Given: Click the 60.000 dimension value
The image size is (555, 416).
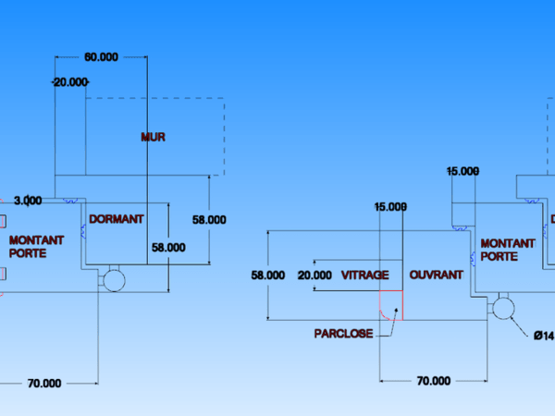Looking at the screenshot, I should [x=102, y=56].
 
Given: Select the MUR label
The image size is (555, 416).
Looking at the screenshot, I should [x=153, y=137].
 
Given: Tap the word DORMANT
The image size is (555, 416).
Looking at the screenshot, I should [x=117, y=219].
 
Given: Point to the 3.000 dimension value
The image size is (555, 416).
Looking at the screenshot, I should [x=28, y=200].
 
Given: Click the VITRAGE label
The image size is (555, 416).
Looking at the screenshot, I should [x=365, y=275].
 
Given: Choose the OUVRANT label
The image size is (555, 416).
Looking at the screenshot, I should [x=437, y=275].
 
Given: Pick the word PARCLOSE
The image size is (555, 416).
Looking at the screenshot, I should [x=343, y=334].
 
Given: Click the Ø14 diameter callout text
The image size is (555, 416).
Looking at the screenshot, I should [x=544, y=336].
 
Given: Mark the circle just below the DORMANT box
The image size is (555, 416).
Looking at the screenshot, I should [x=116, y=280].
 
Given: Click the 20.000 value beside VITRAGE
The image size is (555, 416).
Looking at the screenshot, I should [x=314, y=275].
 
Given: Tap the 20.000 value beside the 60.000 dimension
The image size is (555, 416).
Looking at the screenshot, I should [x=70, y=82].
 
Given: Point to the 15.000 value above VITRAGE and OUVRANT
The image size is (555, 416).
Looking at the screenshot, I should [x=389, y=206].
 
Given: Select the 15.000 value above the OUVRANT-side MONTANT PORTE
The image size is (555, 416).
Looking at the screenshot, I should [x=462, y=171].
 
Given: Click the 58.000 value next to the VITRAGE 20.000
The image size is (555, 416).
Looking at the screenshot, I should [x=268, y=275].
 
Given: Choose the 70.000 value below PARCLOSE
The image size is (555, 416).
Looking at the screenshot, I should [x=434, y=380].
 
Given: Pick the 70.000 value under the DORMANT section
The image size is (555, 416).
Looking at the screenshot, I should [x=44, y=383].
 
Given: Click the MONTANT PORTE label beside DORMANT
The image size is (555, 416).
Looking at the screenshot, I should [x=37, y=247].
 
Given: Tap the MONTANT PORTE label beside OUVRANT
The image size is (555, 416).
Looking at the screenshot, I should [x=507, y=250].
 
